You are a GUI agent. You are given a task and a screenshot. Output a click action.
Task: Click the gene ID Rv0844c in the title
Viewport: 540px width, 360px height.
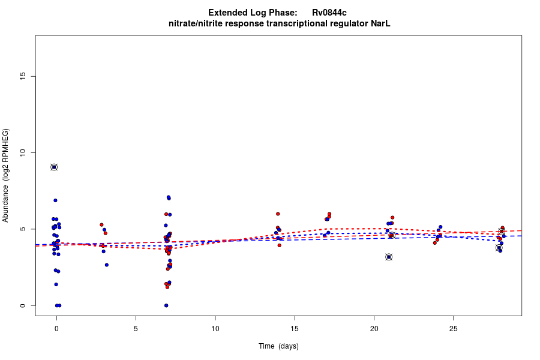(329, 13)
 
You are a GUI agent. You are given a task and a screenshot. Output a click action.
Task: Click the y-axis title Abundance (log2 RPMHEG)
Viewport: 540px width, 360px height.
(6, 175)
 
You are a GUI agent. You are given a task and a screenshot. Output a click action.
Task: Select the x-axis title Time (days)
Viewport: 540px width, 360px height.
(278, 346)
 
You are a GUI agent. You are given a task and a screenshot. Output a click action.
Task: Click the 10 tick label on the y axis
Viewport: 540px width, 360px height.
(23, 152)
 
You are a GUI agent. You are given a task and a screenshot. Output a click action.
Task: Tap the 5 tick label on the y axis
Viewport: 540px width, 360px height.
(23, 229)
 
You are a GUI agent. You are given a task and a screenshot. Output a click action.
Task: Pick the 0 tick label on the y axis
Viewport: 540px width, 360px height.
(23, 305)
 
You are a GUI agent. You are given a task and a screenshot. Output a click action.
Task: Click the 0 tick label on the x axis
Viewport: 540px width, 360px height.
(56, 328)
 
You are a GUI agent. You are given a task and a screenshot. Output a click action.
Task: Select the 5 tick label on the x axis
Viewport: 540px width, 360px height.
(136, 328)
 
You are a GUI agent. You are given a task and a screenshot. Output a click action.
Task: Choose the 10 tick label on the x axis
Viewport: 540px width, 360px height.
(215, 328)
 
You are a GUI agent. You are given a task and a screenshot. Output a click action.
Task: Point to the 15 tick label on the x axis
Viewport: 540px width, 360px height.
(295, 328)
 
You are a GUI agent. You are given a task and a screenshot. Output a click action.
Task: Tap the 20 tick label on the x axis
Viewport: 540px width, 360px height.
(374, 328)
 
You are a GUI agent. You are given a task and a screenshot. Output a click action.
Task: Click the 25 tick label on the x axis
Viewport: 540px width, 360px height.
(453, 328)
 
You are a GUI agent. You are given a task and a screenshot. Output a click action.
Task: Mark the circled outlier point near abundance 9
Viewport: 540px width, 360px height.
(54, 167)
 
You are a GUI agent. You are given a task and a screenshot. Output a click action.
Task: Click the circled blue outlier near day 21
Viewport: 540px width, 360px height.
(389, 257)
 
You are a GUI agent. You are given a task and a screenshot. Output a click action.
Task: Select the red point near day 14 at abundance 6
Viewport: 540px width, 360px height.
(278, 214)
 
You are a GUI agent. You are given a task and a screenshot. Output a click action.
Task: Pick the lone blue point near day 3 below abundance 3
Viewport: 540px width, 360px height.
(107, 265)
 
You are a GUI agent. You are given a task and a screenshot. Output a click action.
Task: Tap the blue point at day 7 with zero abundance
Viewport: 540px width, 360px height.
(166, 305)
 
